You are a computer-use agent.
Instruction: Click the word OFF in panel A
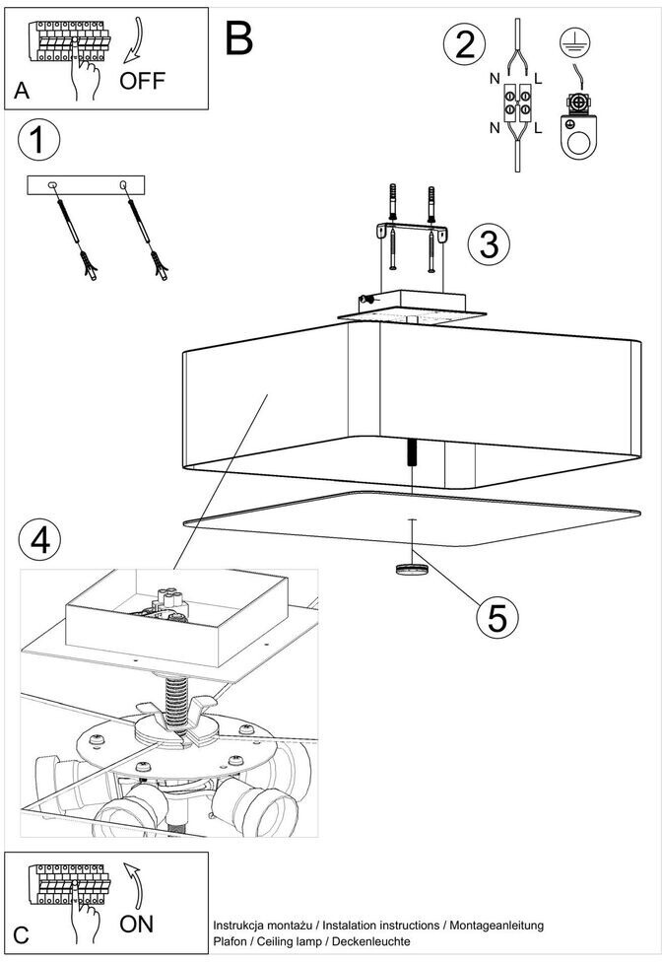[x=142, y=81]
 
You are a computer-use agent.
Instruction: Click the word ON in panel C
[x=137, y=924]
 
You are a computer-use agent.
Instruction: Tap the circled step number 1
[x=39, y=139]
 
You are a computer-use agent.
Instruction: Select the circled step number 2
[x=465, y=44]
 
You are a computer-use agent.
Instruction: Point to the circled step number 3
[x=489, y=243]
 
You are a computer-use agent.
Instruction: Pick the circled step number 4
[x=39, y=541]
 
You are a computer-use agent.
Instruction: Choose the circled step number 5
[x=497, y=617]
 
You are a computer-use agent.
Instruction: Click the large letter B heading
[x=238, y=38]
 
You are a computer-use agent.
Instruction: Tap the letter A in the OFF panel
[x=22, y=91]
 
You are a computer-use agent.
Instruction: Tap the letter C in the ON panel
[x=21, y=935]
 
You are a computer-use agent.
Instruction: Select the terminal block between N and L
[x=517, y=103]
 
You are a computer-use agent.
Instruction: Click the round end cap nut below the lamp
[x=412, y=569]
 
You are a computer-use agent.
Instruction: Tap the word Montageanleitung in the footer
[x=496, y=926]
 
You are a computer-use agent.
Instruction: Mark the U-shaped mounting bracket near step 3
[x=412, y=232]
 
